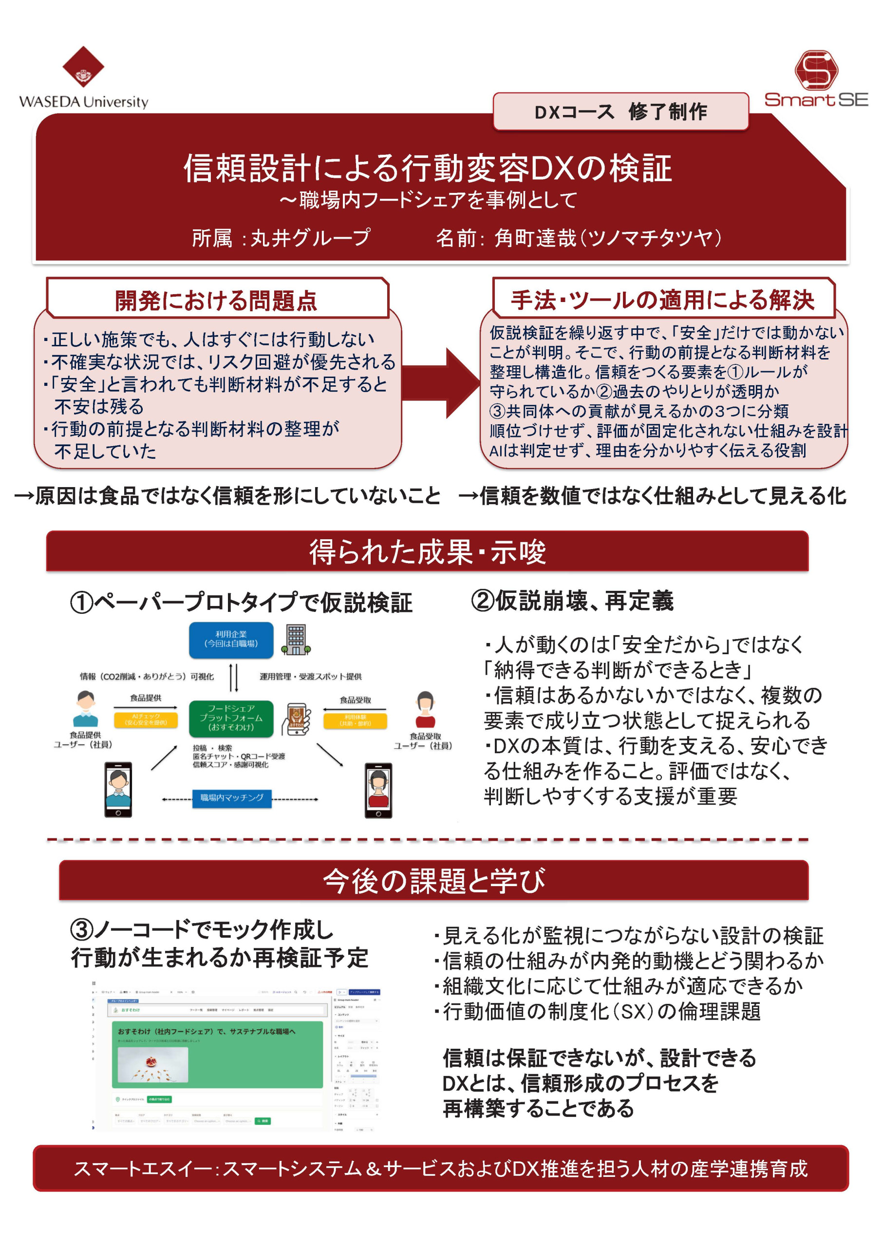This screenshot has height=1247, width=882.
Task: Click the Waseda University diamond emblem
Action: pos(83,66)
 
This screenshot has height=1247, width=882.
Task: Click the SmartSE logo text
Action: pos(816,100)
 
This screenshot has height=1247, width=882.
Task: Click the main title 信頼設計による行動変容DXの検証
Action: pos(428,168)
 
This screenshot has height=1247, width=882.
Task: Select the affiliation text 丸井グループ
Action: pos(310,238)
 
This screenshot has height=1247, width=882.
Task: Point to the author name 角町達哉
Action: pos(535,238)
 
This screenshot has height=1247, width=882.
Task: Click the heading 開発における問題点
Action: pos(216,301)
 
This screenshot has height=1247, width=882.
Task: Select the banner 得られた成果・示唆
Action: pos(428,552)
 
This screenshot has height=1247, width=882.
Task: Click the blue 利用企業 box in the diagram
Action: pos(231,639)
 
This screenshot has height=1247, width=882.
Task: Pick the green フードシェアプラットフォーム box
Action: pos(231,718)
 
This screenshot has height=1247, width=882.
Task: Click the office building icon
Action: pos(296,639)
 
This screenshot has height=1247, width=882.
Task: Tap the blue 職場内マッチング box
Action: pos(231,798)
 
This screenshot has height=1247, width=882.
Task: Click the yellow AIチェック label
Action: pos(146,719)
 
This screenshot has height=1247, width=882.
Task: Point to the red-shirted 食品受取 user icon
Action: pos(425,709)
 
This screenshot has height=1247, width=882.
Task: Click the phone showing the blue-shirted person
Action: pos(118,789)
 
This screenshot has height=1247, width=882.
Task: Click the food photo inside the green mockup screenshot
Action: pos(152,1064)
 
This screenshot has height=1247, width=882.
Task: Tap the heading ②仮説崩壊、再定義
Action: pos(572,601)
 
